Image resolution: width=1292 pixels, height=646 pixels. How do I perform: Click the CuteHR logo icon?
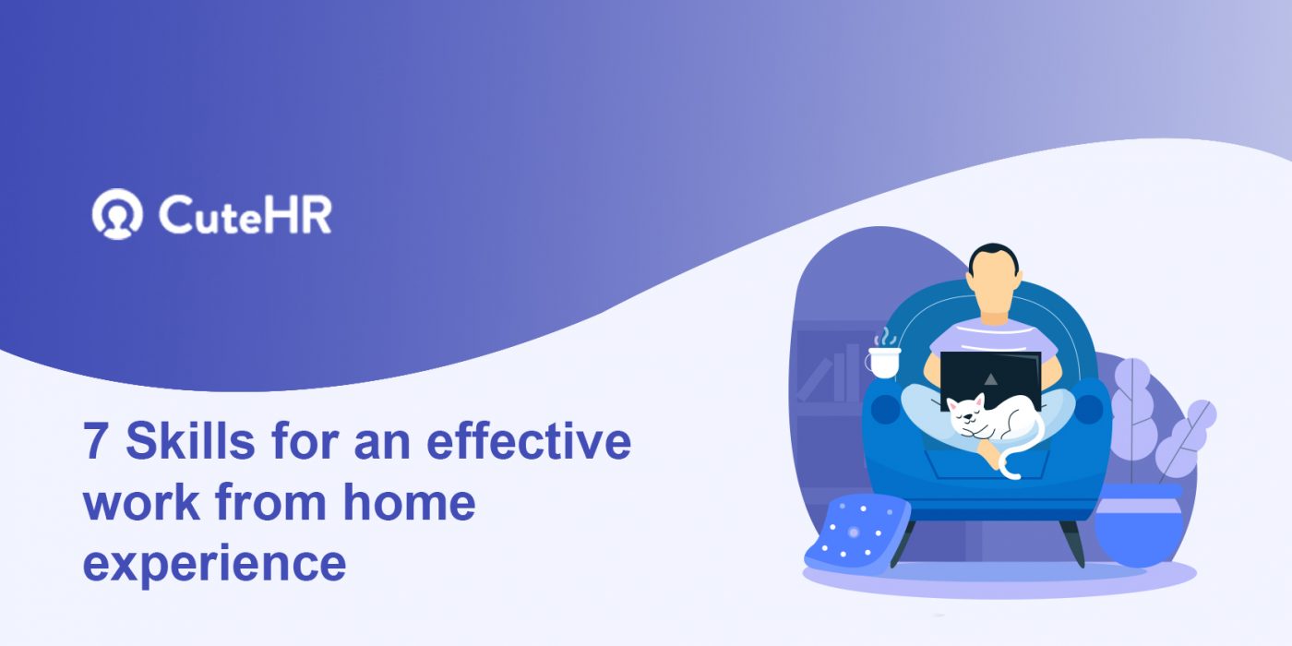click(x=117, y=215)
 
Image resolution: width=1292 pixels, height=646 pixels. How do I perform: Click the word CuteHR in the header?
click(x=245, y=215)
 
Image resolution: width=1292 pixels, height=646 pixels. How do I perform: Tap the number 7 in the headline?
click(x=95, y=444)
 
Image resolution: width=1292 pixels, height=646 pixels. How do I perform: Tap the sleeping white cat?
click(x=984, y=420)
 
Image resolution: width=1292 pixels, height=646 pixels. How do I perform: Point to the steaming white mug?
click(x=882, y=360)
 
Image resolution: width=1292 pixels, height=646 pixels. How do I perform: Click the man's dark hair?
click(x=993, y=255)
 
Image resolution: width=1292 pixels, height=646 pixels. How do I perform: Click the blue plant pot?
click(x=1138, y=526)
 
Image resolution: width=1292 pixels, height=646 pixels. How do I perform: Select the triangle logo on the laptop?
click(x=990, y=377)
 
